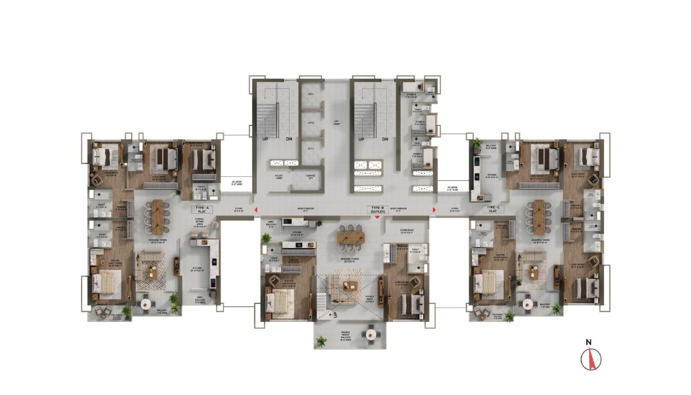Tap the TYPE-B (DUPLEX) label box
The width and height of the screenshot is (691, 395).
(377, 209)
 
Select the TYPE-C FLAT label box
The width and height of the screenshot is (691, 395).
(492, 209)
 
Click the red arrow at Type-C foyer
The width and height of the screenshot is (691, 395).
(435, 210)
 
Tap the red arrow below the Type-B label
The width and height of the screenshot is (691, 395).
(377, 217)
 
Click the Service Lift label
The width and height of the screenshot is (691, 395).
(310, 176)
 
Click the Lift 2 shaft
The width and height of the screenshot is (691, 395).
(310, 123)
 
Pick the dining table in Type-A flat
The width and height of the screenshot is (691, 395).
(158, 216)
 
